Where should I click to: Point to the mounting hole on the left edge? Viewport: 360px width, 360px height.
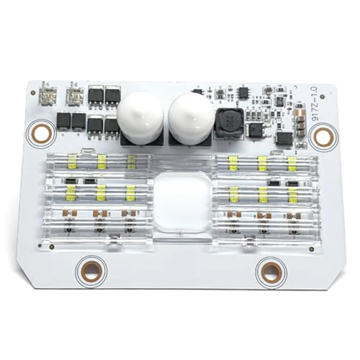43,133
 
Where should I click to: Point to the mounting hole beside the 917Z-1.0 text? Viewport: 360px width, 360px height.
323,136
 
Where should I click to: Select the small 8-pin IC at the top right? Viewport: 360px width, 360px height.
243,93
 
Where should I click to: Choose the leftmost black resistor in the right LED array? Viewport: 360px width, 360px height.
273,183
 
